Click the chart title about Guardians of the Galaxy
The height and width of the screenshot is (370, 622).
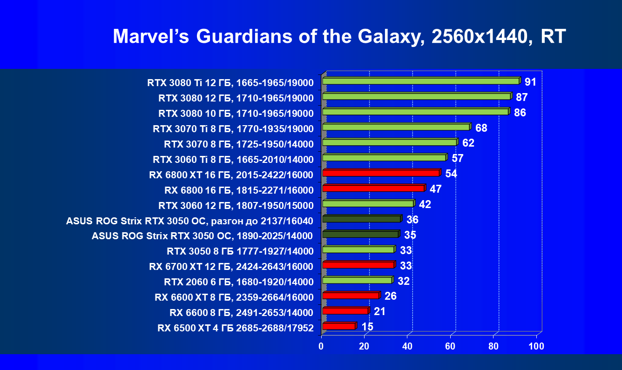pyautogui.click(x=339, y=37)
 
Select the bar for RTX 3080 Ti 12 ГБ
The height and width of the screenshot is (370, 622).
pyautogui.click(x=421, y=81)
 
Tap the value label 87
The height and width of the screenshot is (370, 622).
pyautogui.click(x=521, y=98)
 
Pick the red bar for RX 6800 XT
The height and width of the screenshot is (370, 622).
pyautogui.click(x=381, y=173)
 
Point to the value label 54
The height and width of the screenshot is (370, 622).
pyautogui.click(x=451, y=174)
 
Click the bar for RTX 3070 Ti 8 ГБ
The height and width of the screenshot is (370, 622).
pyautogui.click(x=396, y=127)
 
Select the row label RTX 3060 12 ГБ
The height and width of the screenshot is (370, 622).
pyautogui.click(x=236, y=205)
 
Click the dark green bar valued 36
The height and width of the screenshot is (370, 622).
pyautogui.click(x=361, y=219)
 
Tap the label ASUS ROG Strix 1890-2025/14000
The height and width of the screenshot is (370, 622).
pyautogui.click(x=203, y=236)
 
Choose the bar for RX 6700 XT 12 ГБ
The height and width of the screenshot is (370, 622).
pyautogui.click(x=358, y=265)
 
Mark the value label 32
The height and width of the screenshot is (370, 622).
pyautogui.click(x=403, y=281)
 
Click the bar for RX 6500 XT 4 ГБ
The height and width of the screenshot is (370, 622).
pyautogui.click(x=338, y=326)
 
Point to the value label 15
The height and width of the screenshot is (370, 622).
pyautogui.click(x=367, y=327)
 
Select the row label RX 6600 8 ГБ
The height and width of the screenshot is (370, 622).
pyautogui.click(x=241, y=312)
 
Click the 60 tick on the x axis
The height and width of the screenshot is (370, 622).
pyautogui.click(x=450, y=346)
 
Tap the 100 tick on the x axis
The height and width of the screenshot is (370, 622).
pyautogui.click(x=536, y=346)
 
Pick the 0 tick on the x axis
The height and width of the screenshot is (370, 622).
pyautogui.click(x=321, y=346)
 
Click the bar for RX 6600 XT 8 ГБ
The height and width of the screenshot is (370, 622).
pyautogui.click(x=351, y=296)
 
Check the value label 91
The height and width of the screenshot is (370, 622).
pyautogui.click(x=530, y=82)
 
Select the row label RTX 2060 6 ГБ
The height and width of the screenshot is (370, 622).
pyautogui.click(x=239, y=282)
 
